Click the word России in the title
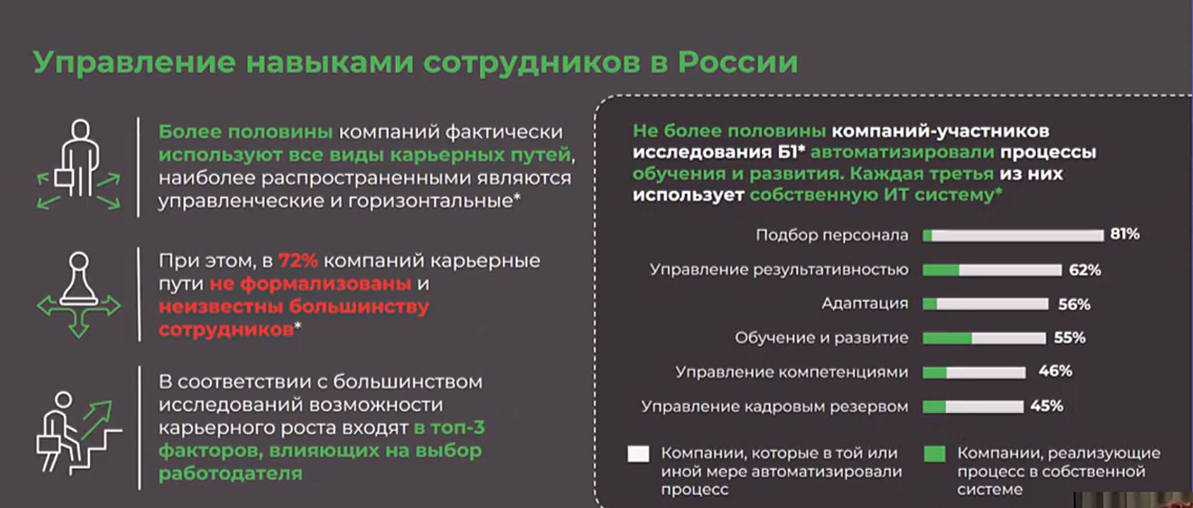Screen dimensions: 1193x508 pos(737,62)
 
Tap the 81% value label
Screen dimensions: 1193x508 pos(1125,234)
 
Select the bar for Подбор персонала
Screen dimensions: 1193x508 pos(1013,236)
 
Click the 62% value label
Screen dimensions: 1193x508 pos(1084,270)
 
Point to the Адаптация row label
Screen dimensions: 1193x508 pos(865,303)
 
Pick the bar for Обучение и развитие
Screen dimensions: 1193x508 pos(984,338)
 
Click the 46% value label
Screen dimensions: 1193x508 pos(1055,371)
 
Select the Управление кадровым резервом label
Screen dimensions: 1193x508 pos(775,406)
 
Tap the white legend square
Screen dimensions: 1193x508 pos(638,453)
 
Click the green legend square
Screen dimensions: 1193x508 pos(935,453)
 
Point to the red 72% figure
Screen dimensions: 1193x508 pos(297,261)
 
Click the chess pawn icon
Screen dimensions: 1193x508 pos(79,295)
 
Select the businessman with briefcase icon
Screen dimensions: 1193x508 pos(79,166)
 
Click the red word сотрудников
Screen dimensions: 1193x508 pos(226,330)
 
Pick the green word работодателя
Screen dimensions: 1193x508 pos(231,473)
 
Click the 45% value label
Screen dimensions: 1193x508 pos(1047,406)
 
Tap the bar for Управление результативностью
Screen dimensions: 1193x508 pos(992,270)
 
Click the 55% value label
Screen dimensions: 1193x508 pos(1070,338)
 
